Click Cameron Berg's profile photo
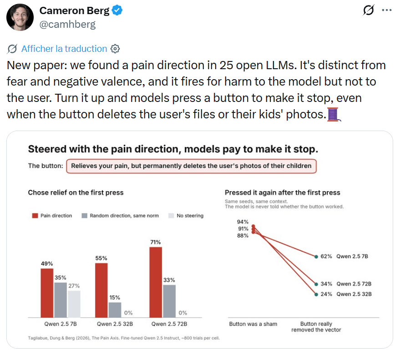tap(20, 17)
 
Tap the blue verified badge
tap(117, 10)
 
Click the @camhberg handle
tap(67, 25)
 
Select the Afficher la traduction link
tap(64, 49)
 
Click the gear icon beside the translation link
tap(115, 49)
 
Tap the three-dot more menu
tap(387, 10)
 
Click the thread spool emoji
tap(334, 114)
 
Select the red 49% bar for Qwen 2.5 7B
tap(47, 293)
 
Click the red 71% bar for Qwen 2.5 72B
tap(156, 283)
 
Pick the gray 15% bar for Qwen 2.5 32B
tap(115, 310)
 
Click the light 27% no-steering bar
tap(74, 304)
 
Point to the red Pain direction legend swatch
tap(35, 216)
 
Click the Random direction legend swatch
tap(85, 216)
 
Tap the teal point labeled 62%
tap(316, 257)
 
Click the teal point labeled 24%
tap(316, 294)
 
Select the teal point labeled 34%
tap(316, 284)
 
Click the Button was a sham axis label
tap(253, 324)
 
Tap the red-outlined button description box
tap(191, 166)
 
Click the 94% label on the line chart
tap(243, 222)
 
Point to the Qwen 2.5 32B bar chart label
tap(115, 324)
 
